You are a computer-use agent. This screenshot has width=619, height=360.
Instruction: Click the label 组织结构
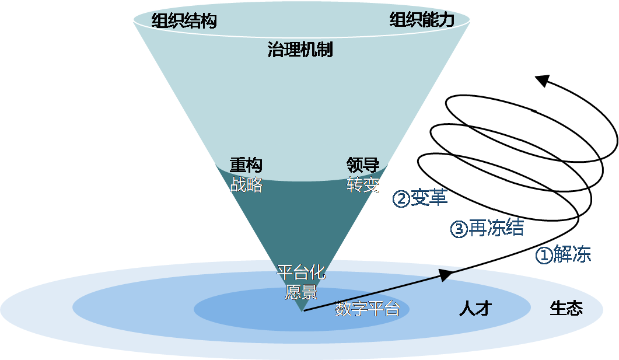184,21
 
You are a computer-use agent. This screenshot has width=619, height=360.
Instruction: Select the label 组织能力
421,20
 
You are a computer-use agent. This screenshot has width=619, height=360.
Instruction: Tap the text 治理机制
300,50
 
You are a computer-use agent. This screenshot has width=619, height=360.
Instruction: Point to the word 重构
246,166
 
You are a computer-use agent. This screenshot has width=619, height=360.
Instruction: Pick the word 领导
363,166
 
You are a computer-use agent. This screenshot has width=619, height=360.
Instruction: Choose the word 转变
363,185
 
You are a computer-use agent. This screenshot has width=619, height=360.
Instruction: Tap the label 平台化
300,272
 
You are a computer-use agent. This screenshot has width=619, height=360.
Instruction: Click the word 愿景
300,291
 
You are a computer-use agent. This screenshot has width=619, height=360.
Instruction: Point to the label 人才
475,308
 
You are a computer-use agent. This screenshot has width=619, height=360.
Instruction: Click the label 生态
566,308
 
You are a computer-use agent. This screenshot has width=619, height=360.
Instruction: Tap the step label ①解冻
563,255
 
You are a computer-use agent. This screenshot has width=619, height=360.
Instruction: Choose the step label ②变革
420,198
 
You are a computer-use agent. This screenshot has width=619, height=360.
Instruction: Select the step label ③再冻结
487,228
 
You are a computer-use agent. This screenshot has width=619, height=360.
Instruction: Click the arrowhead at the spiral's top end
544,81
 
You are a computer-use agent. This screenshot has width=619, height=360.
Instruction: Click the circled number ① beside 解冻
543,256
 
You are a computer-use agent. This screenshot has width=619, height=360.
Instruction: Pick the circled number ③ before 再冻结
459,229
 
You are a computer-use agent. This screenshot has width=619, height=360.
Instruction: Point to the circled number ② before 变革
401,199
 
